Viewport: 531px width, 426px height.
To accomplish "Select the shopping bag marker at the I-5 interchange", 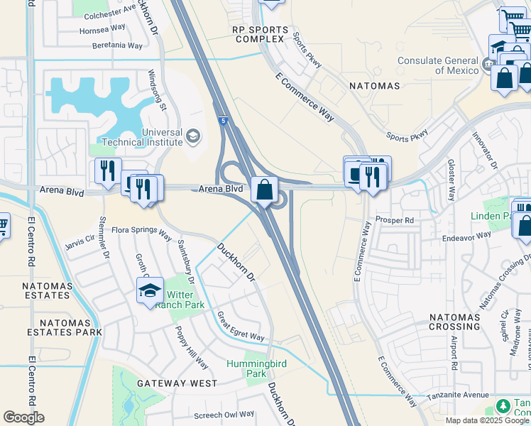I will [264, 190].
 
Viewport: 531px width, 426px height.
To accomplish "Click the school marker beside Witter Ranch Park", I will [150, 290].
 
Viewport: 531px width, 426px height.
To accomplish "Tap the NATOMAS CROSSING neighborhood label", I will [454, 322].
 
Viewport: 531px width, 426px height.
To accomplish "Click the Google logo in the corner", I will [23, 417].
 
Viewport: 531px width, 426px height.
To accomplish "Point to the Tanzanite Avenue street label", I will [459, 395].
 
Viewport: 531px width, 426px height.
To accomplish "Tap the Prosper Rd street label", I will [394, 220].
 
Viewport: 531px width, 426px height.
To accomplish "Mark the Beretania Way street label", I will [117, 45].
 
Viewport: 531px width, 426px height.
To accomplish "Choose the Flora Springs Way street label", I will [142, 231].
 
